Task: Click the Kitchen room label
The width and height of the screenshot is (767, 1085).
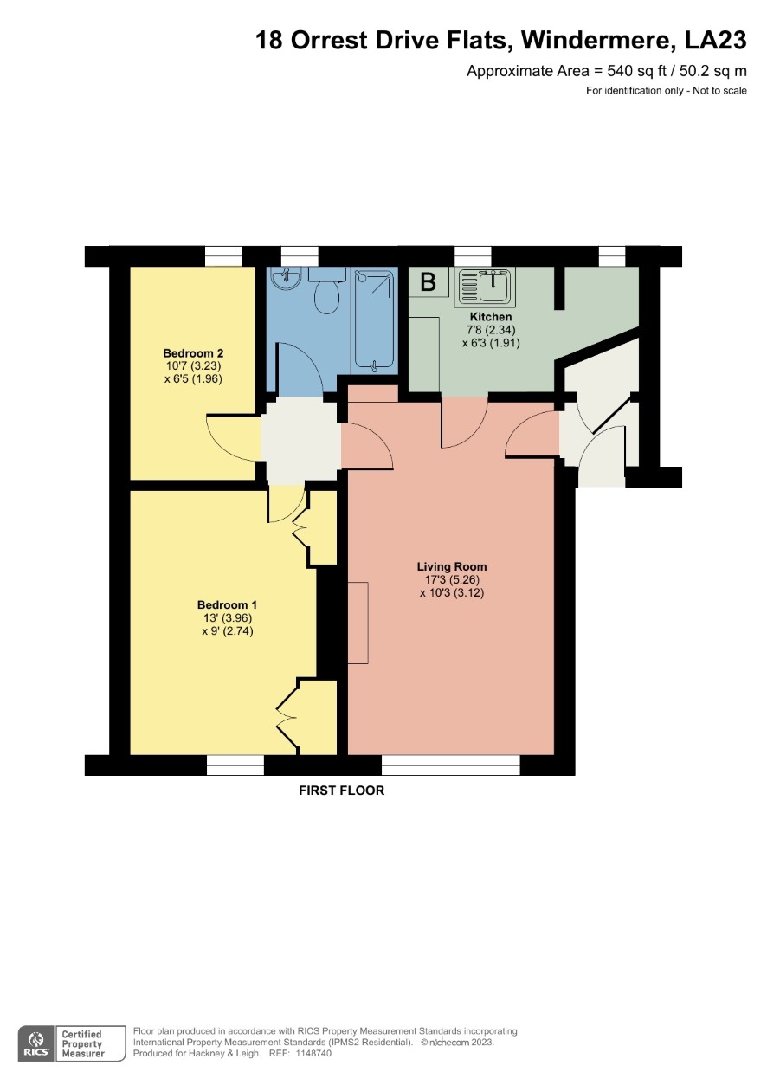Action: (491, 317)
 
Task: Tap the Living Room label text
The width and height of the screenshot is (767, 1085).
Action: (452, 566)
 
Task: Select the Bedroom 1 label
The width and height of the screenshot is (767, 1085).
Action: (227, 604)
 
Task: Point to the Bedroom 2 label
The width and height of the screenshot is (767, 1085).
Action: (193, 353)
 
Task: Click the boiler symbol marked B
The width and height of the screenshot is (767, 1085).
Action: (428, 282)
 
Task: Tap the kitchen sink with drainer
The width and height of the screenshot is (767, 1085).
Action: (484, 287)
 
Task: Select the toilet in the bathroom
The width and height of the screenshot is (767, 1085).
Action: (327, 291)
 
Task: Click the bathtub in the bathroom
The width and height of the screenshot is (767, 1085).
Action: (374, 320)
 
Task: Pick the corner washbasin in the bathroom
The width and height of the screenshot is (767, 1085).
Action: (286, 279)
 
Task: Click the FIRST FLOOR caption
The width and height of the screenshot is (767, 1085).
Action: (341, 791)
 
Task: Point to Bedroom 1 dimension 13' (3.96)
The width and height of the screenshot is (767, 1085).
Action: (228, 618)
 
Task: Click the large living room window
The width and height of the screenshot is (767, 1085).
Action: (451, 765)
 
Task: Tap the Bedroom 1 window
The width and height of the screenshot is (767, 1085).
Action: (235, 765)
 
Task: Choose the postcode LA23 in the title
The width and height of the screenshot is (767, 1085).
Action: (715, 40)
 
